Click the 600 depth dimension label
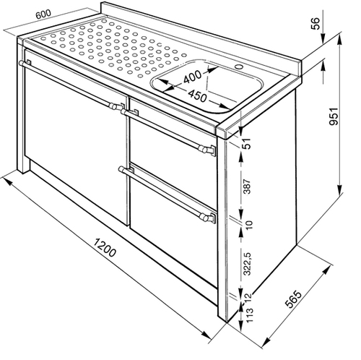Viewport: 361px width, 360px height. [x=43, y=14]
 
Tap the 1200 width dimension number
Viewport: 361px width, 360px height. [x=104, y=247]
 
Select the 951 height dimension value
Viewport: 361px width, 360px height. [x=334, y=116]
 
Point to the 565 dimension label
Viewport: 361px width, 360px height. [x=293, y=299]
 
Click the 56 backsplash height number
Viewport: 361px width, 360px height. [x=316, y=23]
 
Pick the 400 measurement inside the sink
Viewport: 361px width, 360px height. [x=192, y=77]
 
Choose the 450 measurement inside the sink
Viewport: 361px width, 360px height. [x=197, y=95]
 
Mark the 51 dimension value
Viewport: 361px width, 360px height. [x=247, y=144]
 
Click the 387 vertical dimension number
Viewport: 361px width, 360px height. [x=247, y=186]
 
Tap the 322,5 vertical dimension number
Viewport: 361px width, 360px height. [x=247, y=264]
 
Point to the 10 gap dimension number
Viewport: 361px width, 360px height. [x=250, y=225]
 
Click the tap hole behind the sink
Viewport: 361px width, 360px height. [x=239, y=66]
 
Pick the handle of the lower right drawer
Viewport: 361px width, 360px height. [x=167, y=193]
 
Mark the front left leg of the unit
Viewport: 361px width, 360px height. [x=23, y=106]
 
